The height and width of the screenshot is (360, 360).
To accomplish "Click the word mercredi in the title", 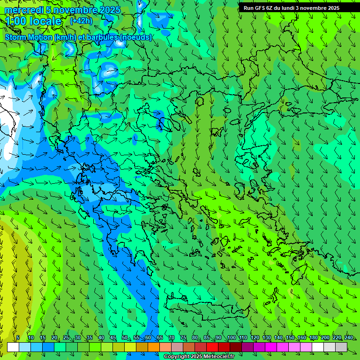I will (22, 10).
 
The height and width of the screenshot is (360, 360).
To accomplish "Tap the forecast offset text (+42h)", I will (81, 21).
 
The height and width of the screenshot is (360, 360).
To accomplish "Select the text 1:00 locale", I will (34, 21).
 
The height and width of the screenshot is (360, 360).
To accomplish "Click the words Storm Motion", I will (29, 37).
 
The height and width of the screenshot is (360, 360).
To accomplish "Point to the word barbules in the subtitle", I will (105, 37).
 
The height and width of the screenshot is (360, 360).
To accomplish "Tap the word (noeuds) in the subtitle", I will (136, 37).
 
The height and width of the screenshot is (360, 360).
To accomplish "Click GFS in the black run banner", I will (261, 8).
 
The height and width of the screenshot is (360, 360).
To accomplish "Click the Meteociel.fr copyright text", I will (205, 357).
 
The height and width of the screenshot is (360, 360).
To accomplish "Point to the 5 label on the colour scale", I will (18, 338).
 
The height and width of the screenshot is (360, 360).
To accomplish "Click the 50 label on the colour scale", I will (125, 338).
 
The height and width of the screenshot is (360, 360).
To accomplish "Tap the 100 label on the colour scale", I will (231, 338).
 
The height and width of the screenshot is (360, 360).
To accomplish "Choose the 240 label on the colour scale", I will (349, 338).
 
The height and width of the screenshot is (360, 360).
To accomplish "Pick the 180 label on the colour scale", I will (313, 338).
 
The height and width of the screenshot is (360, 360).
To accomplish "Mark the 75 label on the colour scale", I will (183, 338).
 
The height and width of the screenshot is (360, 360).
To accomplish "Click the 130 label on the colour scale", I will (266, 338).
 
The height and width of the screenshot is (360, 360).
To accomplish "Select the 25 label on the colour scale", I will (66, 338).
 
